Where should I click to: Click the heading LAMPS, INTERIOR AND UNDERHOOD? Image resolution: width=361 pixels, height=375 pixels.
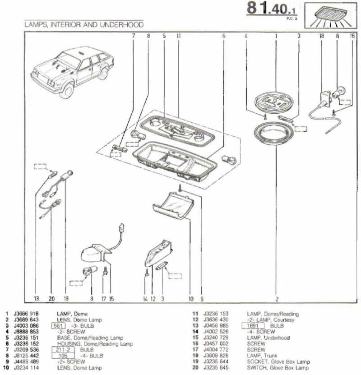84,24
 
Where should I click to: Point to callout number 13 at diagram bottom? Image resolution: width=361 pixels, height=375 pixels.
37,298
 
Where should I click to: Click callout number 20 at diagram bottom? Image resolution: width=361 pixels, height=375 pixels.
51,298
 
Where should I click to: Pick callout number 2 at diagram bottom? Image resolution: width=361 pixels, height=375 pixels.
277,298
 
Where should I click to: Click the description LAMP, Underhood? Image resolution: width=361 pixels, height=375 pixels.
268,338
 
